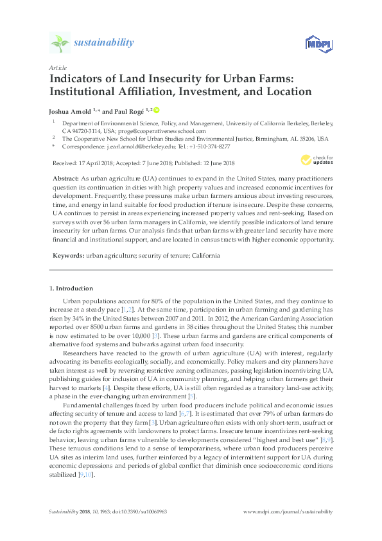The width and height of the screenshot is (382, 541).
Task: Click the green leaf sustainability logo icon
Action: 59,43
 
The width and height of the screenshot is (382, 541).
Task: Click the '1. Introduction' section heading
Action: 71,288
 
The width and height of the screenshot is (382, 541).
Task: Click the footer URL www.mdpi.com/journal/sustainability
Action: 290,511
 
